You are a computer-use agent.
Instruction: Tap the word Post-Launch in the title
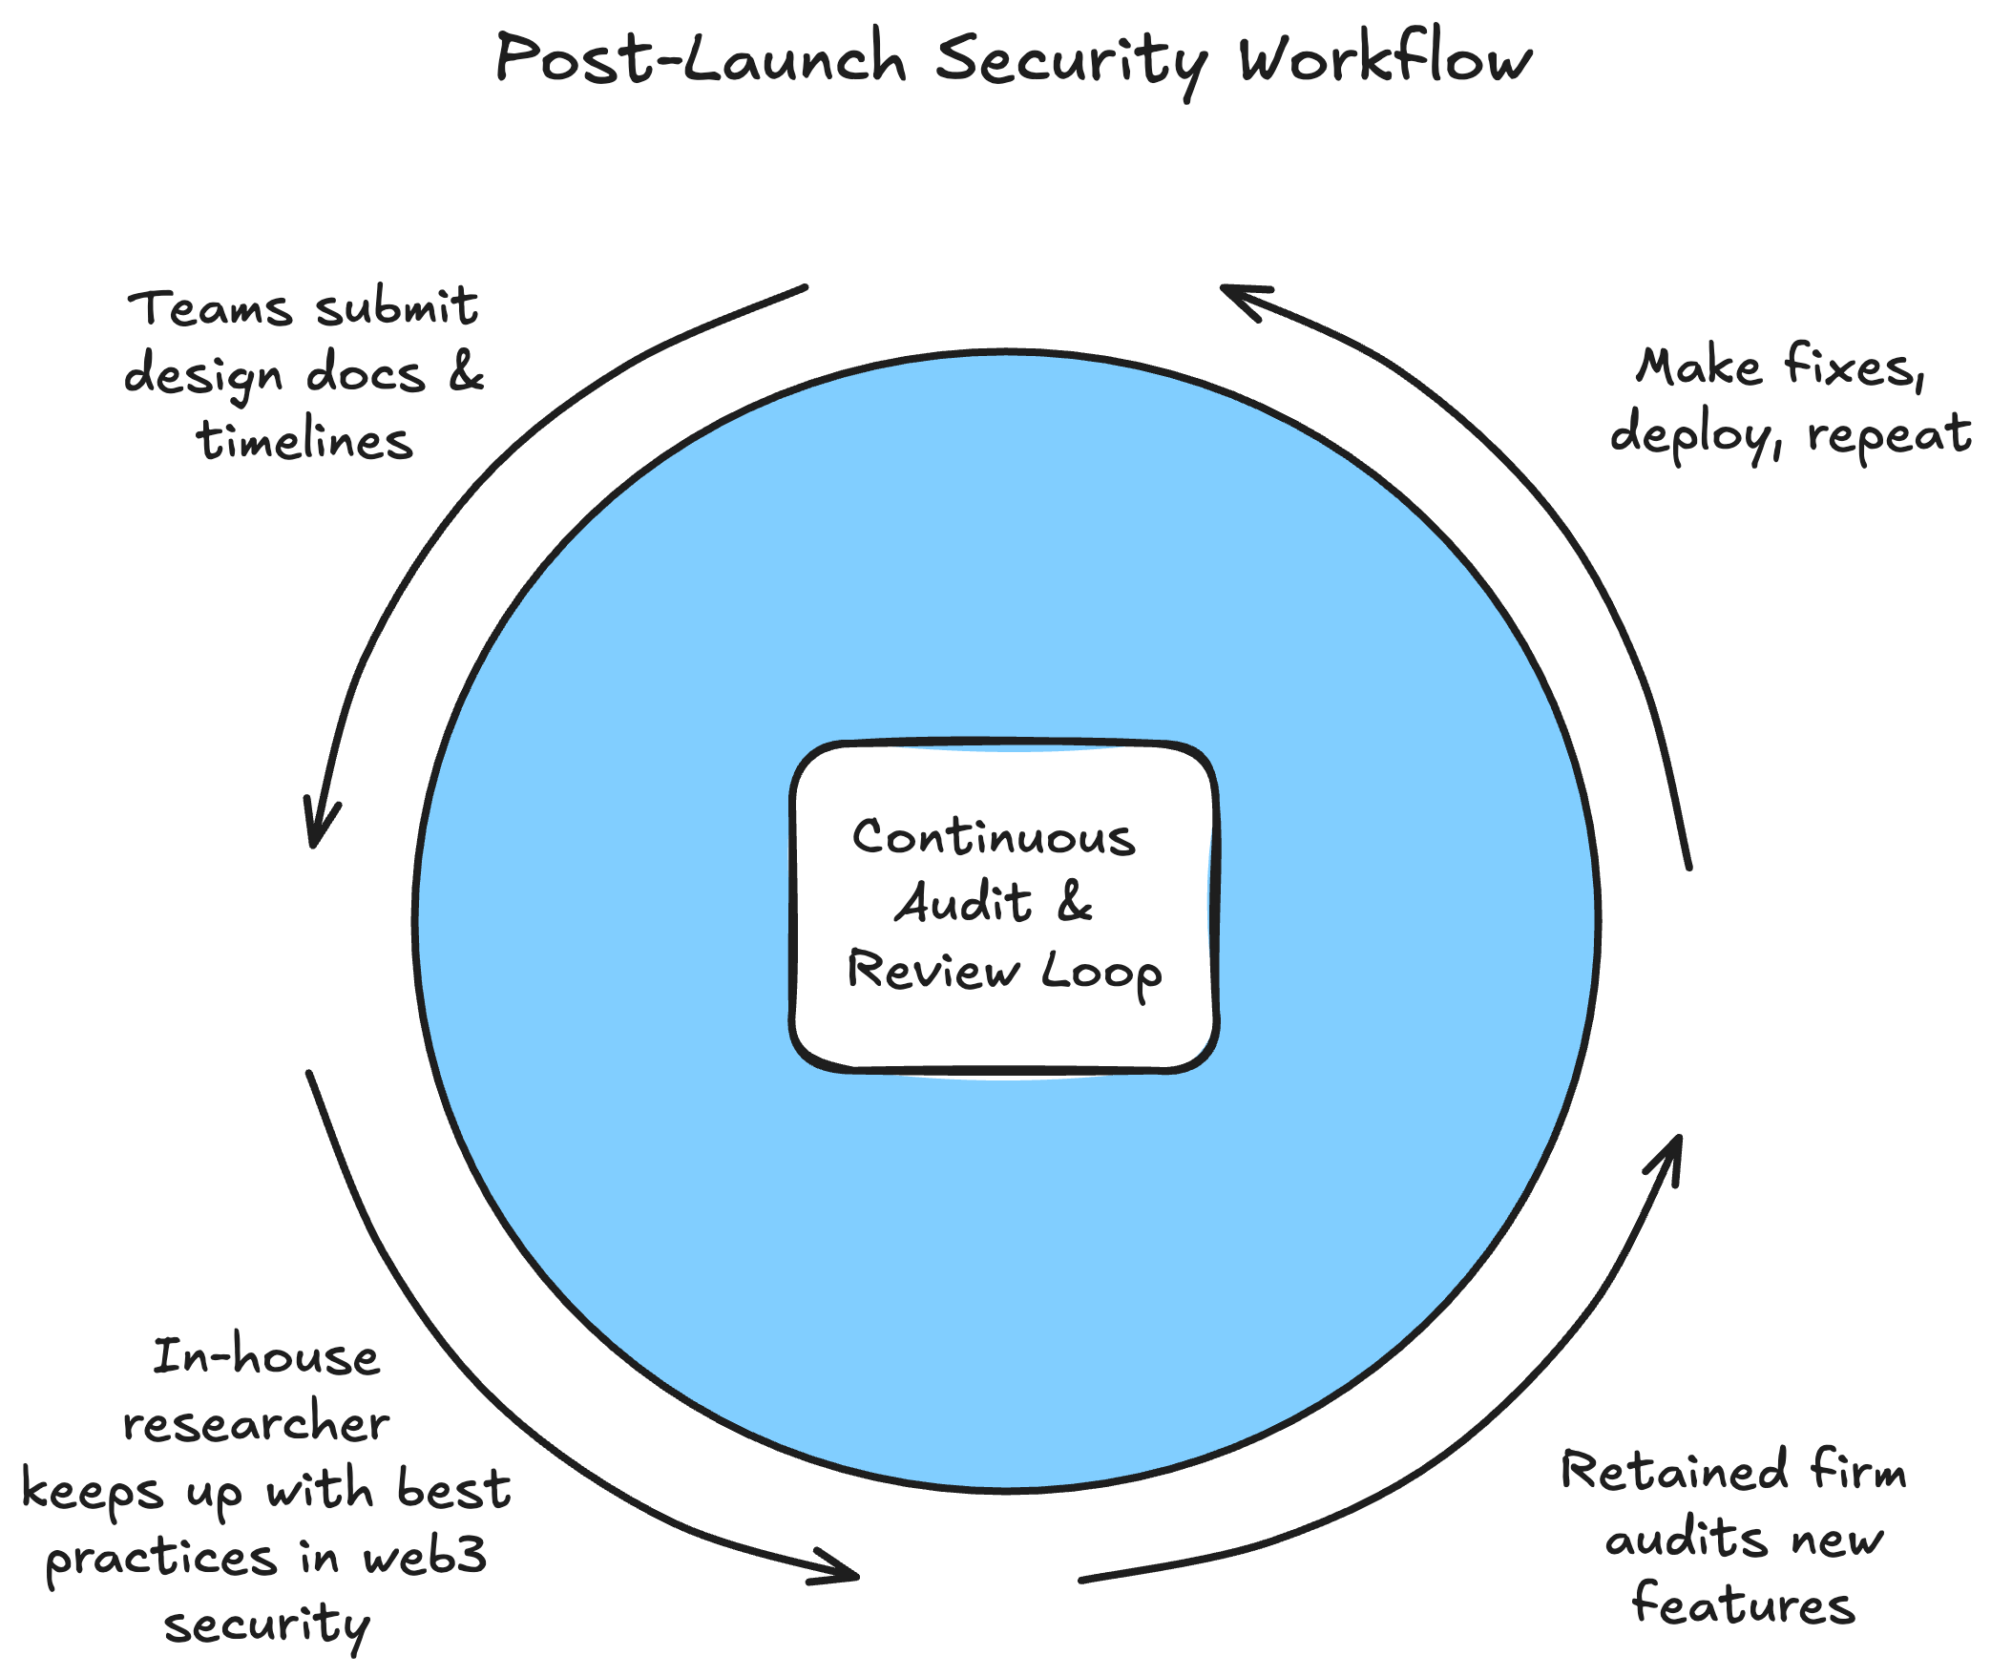701,59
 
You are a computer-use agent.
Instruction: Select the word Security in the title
1071,62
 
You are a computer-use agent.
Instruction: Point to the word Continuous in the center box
994,837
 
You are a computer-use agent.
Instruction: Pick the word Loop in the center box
1100,974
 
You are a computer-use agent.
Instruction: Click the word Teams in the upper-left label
210,309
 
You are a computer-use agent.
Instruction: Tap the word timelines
304,442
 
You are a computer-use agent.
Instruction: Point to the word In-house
266,1358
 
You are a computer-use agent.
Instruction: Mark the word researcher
257,1424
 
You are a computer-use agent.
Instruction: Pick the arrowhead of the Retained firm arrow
1673,1152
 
